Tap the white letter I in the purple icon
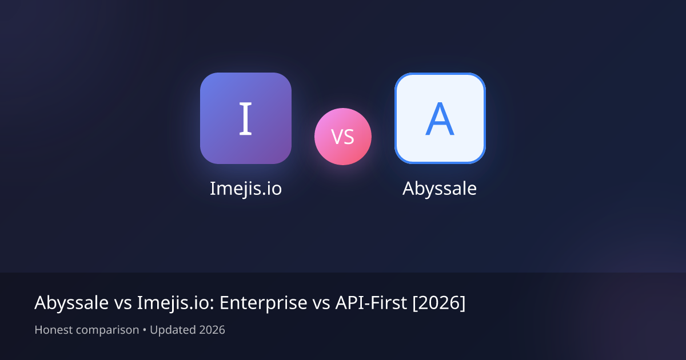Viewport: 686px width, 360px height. (x=246, y=118)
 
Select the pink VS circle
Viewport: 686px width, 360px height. (x=343, y=137)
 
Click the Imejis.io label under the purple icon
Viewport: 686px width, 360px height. (x=246, y=189)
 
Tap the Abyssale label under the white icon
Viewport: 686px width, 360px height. (x=440, y=189)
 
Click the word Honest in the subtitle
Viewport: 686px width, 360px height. (x=53, y=330)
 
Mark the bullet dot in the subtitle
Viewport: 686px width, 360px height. (x=145, y=330)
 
